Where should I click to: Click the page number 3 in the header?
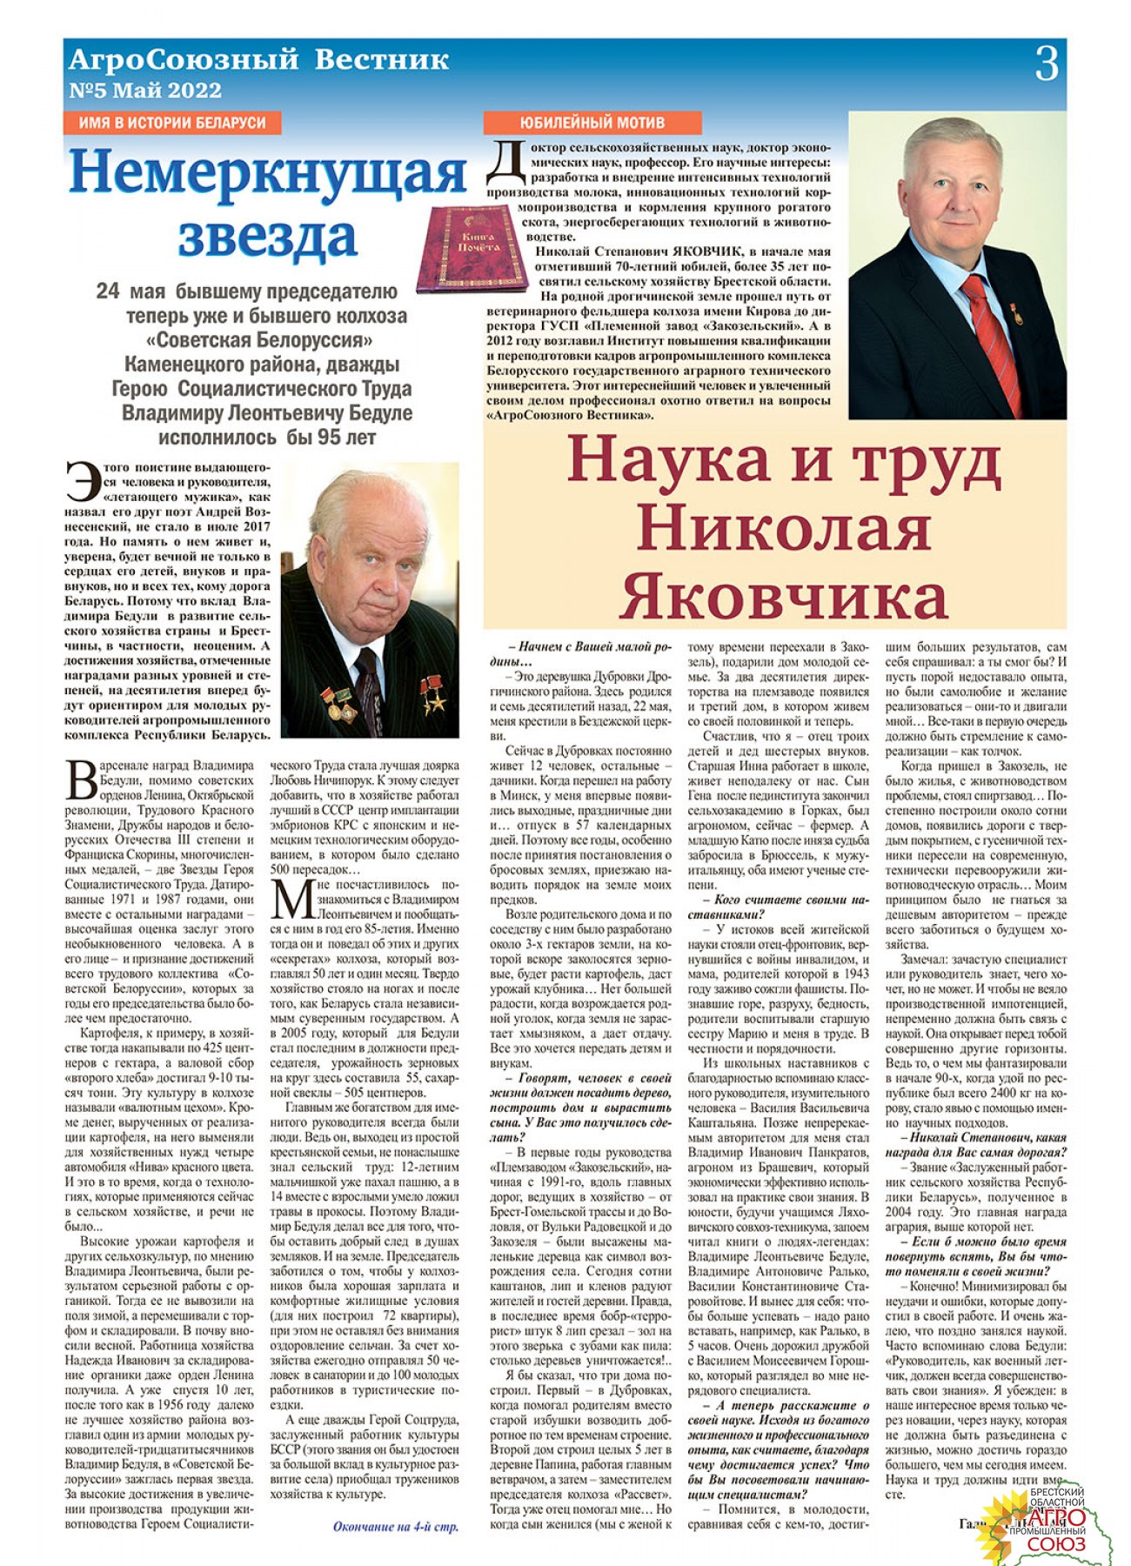coord(1047,64)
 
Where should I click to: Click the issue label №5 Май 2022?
coord(145,90)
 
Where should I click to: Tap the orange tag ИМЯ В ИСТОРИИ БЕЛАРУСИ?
coord(172,123)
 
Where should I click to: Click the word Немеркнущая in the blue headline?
coord(267,173)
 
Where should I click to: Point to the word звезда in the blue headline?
coord(267,235)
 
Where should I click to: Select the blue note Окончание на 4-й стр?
coord(395,1526)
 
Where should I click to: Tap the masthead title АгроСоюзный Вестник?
coord(258,60)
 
